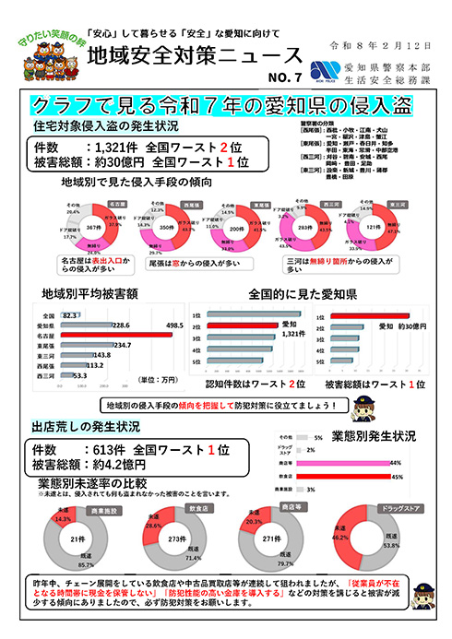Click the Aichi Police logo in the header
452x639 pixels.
[324, 70]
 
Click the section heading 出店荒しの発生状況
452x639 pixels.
[86, 427]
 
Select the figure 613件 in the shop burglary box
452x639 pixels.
[104, 448]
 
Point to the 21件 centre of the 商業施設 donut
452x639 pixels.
[78, 538]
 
